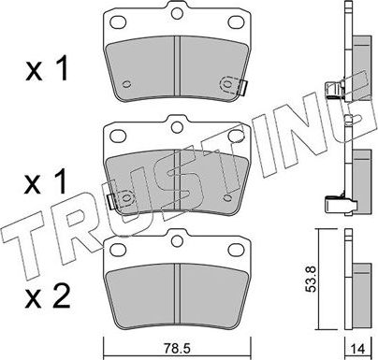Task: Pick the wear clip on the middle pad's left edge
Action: [x=110, y=200]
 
